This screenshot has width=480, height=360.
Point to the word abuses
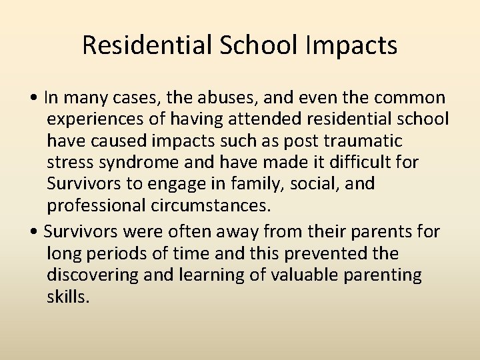pos(233,97)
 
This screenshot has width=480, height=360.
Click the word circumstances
pos(211,205)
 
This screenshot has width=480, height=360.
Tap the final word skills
pos(67,296)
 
